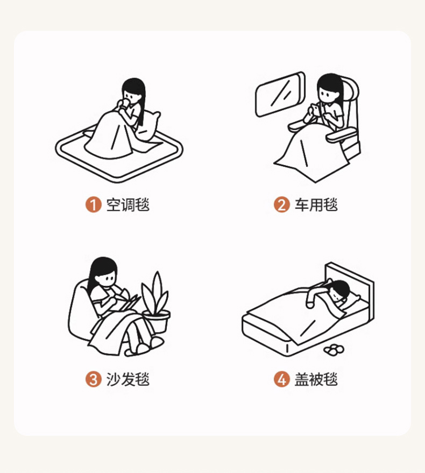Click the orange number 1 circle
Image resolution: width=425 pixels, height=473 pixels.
pos(93,204)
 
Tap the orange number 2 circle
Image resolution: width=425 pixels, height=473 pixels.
pos(282,204)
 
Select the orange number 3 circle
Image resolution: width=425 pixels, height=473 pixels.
pos(93,379)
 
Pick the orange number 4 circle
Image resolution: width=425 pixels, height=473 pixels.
pos(282,379)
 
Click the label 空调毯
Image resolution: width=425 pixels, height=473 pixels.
pos(128,205)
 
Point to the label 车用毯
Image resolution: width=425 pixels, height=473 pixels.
pos(316,205)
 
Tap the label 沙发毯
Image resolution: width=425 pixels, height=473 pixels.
pos(128,379)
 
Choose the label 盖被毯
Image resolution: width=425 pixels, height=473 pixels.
pos(316,379)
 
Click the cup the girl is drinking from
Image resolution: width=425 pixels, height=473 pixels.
pos(125,103)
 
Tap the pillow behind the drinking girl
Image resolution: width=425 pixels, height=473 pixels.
pos(148,125)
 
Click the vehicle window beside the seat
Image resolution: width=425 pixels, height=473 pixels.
pos(280,94)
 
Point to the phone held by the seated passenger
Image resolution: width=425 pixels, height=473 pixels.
pos(315,109)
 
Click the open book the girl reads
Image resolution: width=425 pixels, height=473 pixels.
pos(126,302)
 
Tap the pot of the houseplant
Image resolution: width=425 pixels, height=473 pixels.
pos(157,322)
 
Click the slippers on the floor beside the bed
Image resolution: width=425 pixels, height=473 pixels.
pos(334,350)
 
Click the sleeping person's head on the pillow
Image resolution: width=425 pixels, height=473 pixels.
pos(339,290)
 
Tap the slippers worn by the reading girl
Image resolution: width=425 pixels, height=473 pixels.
pos(145,347)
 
